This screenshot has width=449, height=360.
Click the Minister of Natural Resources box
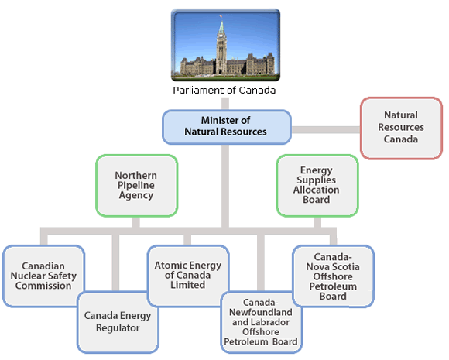click(227, 127)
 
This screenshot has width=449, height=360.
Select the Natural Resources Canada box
click(401, 128)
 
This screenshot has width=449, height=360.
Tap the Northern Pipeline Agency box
click(136, 186)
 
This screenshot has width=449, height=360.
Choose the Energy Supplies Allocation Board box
click(317, 186)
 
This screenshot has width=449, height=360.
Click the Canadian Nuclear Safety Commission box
click(43, 276)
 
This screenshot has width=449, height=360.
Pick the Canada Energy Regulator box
click(118, 322)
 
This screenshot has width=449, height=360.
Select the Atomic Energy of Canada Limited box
click(188, 276)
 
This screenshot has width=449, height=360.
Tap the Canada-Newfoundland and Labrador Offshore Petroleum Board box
click(261, 322)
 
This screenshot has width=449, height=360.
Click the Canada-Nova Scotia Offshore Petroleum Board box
click(333, 276)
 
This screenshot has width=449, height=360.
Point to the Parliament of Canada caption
click(224, 91)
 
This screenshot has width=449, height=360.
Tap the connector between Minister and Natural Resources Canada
click(326, 130)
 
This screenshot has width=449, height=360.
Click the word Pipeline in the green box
click(136, 185)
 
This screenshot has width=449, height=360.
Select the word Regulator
click(118, 328)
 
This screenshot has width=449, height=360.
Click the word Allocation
click(316, 190)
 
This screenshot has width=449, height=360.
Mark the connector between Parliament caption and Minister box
click(225, 104)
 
